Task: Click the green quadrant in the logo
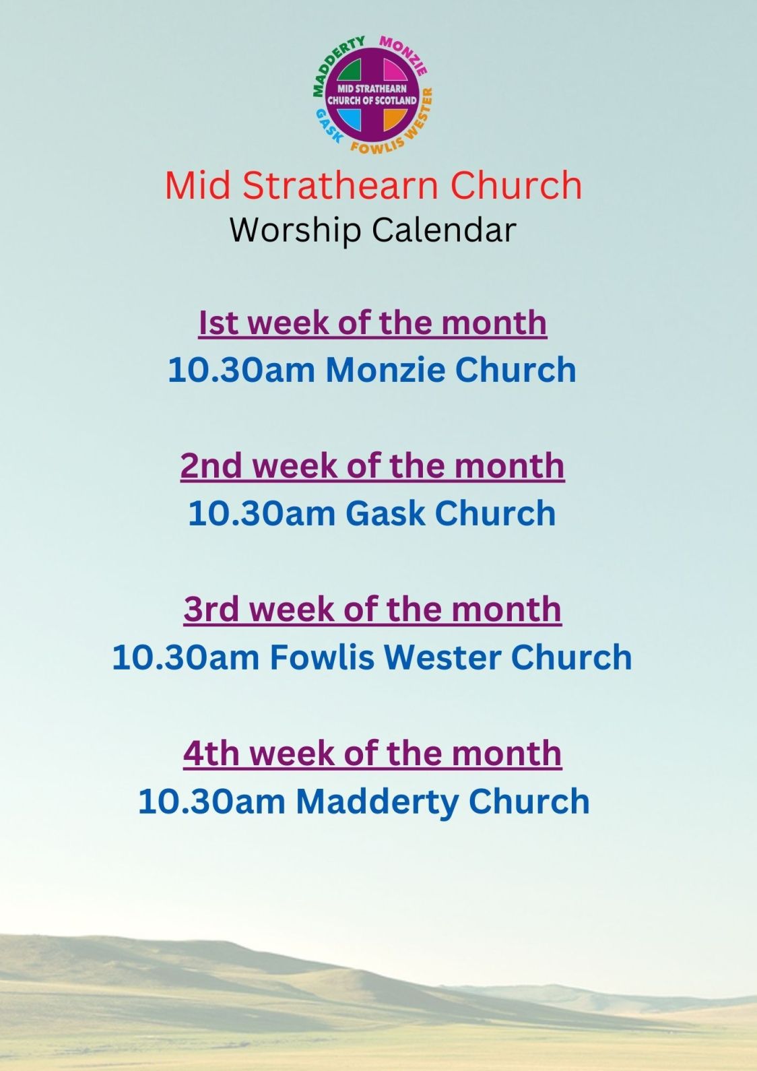352,73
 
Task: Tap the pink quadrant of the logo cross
395,73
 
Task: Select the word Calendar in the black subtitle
445,230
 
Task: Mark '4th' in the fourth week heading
211,753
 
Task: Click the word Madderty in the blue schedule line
377,802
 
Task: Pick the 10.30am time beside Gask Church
261,513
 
